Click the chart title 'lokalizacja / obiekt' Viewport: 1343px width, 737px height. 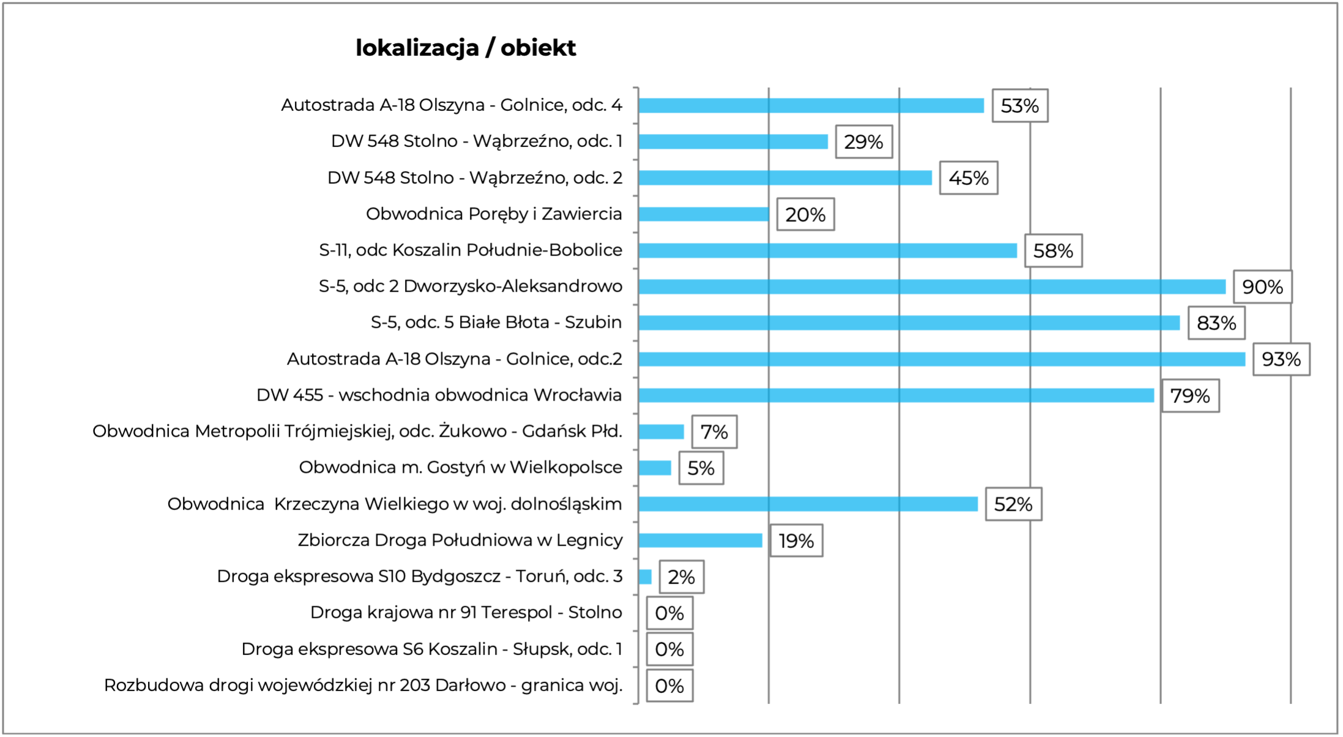click(466, 48)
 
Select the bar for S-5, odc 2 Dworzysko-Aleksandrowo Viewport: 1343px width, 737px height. click(931, 286)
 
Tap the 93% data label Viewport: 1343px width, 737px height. click(1281, 359)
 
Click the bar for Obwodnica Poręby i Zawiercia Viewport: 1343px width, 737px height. click(703, 214)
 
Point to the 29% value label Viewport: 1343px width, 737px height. click(863, 142)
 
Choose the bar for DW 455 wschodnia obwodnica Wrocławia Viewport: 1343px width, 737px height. click(896, 395)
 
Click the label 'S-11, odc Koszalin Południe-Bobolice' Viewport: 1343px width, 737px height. click(470, 250)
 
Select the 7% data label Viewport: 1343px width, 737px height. click(713, 432)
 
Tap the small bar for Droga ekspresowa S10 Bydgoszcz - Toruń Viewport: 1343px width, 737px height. click(645, 577)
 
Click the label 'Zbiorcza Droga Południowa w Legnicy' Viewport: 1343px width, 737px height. click(459, 540)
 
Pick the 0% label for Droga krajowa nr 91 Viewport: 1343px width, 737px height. click(669, 613)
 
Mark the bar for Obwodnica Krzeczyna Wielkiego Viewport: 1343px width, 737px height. click(808, 504)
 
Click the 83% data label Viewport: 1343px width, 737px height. click(1216, 323)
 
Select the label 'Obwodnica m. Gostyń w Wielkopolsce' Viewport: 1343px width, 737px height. click(460, 467)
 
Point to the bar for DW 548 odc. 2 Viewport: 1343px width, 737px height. click(784, 178)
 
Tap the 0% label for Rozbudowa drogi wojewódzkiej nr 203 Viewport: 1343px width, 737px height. click(669, 686)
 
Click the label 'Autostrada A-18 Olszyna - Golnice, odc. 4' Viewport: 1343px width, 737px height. click(451, 105)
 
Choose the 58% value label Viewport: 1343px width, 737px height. click(1052, 251)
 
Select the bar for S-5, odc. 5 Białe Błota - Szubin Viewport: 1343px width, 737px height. click(909, 323)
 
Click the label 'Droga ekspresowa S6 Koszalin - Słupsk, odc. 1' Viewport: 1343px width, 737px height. click(431, 649)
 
